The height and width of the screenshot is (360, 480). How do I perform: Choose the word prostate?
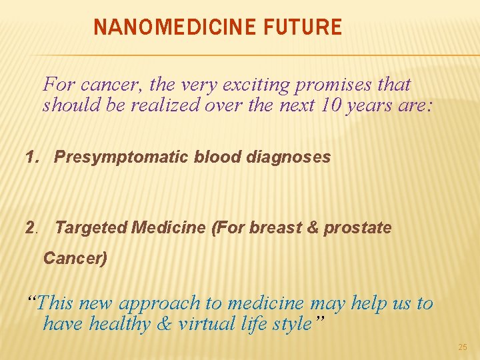point(357,228)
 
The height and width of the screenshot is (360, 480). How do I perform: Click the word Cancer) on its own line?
point(75,258)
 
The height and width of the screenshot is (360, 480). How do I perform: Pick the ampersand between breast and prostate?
point(311,228)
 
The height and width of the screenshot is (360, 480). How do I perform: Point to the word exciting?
point(233,85)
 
